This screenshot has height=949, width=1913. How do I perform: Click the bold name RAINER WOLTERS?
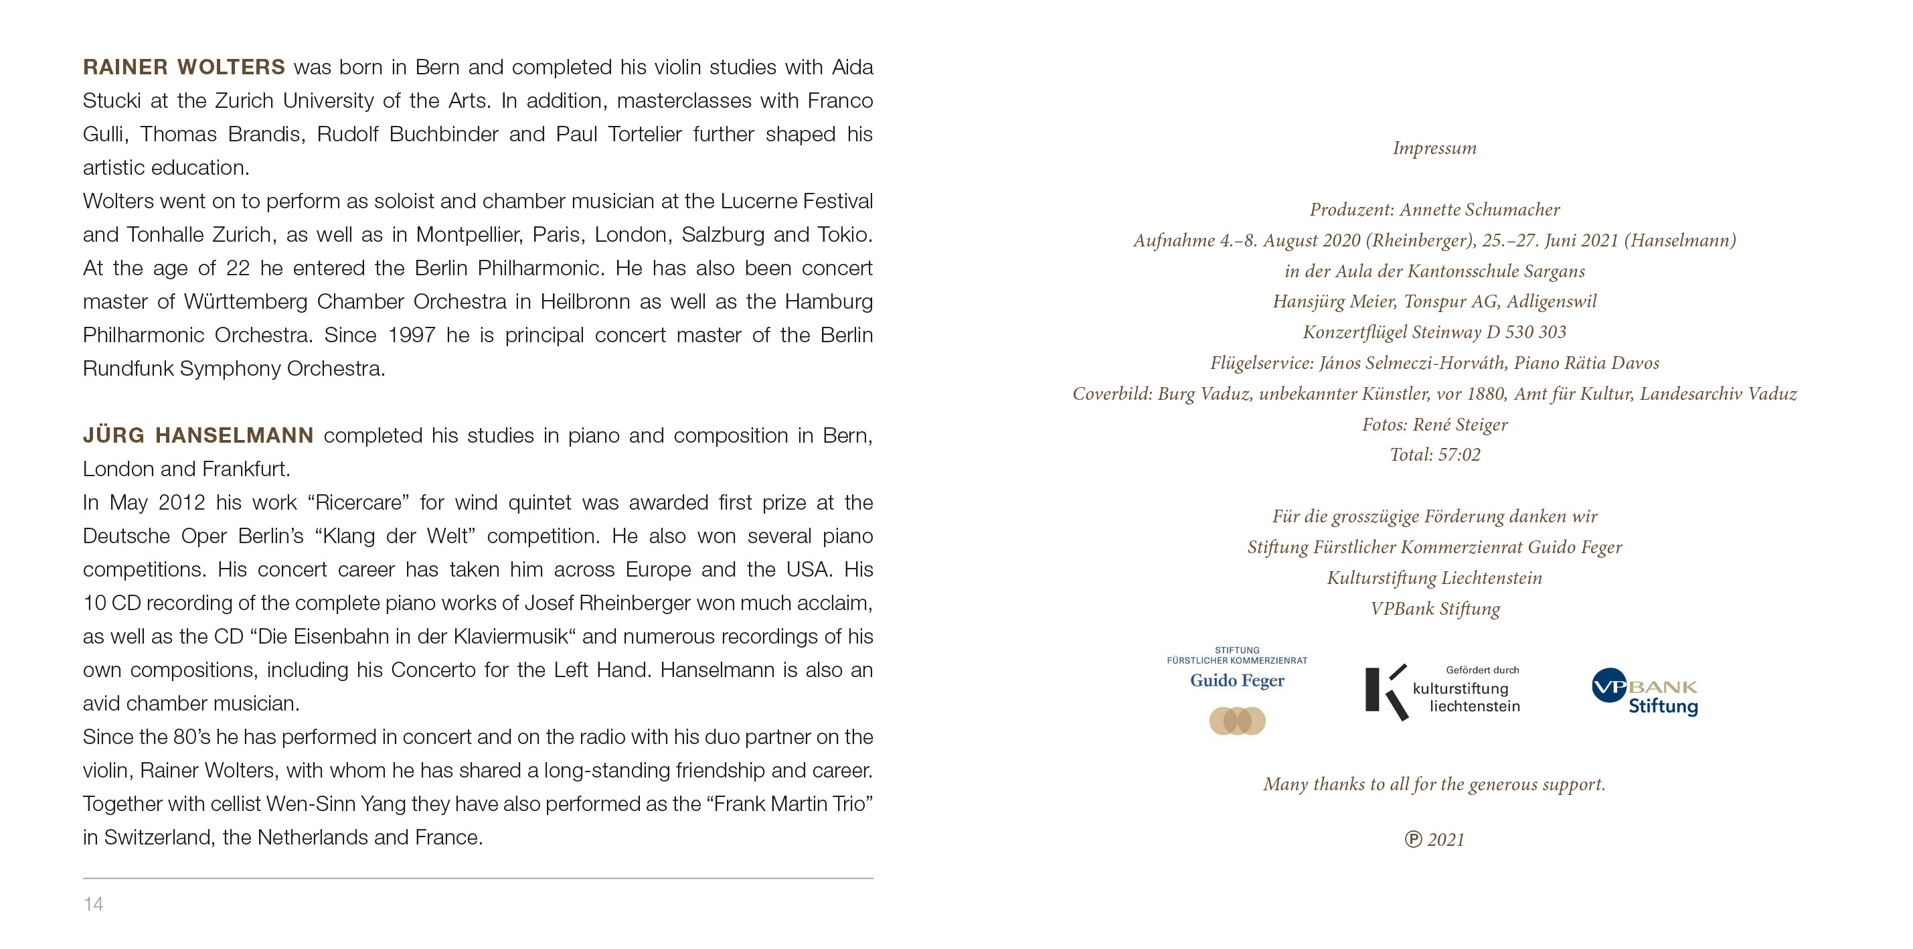pyautogui.click(x=183, y=67)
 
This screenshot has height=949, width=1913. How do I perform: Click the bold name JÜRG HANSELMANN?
pyautogui.click(x=197, y=435)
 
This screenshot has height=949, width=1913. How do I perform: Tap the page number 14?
pyautogui.click(x=93, y=903)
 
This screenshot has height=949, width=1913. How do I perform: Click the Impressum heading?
pyautogui.click(x=1434, y=148)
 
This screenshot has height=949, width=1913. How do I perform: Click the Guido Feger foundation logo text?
pyautogui.click(x=1236, y=680)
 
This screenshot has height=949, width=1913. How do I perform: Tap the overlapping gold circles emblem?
pyautogui.click(x=1236, y=721)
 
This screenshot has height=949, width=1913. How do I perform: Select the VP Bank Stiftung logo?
pyautogui.click(x=1644, y=692)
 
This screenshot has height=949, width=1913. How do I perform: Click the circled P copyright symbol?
pyautogui.click(x=1412, y=840)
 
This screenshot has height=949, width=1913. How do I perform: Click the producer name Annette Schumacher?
pyautogui.click(x=1479, y=210)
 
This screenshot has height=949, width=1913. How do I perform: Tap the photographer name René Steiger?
pyautogui.click(x=1460, y=425)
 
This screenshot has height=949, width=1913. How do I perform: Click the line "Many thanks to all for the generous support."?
pyautogui.click(x=1434, y=784)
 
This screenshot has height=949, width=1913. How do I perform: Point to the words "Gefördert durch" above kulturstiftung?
pyautogui.click(x=1483, y=670)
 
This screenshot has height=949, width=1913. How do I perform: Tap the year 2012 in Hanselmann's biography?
pyautogui.click(x=181, y=502)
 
